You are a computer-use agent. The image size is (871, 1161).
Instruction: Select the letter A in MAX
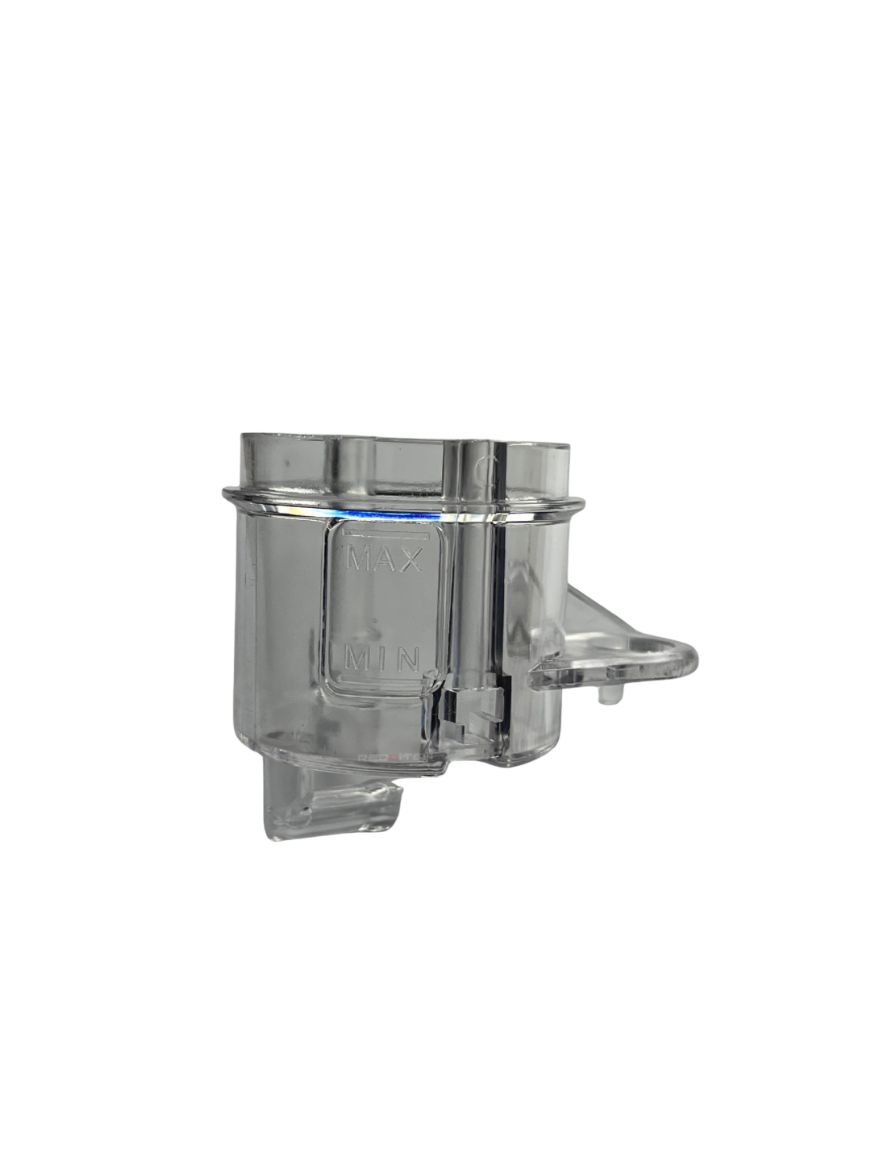click(x=385, y=558)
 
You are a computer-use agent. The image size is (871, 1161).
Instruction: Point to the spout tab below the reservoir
click(x=331, y=806)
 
